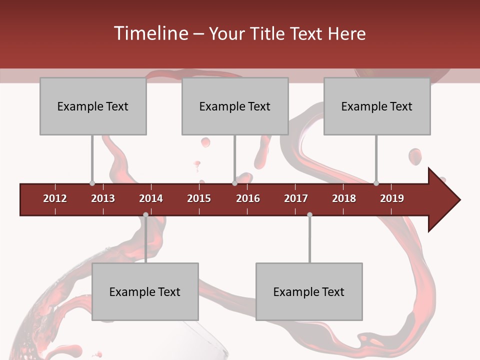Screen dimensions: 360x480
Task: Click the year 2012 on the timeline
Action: point(55,198)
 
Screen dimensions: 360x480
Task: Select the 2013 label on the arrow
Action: point(103,198)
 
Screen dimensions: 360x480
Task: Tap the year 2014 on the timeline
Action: point(151,198)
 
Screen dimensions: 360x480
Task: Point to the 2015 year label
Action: point(199,198)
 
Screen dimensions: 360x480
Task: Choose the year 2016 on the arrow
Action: point(248,198)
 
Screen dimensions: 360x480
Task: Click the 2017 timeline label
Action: point(296,198)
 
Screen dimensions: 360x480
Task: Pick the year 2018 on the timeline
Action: point(344,198)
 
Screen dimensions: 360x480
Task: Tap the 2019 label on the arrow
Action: point(392,198)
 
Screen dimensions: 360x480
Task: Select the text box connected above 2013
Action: point(93,106)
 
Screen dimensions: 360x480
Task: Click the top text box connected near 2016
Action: point(235,106)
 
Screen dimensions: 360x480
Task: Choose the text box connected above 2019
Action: point(377,106)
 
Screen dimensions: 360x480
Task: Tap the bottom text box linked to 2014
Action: point(145,291)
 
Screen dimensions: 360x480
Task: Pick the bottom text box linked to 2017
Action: point(309,291)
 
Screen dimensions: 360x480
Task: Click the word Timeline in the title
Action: point(150,33)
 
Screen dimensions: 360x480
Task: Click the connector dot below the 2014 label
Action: point(145,214)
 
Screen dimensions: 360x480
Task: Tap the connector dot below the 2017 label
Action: point(309,214)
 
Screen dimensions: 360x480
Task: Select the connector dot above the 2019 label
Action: point(376,183)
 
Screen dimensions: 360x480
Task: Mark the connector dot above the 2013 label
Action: point(92,183)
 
